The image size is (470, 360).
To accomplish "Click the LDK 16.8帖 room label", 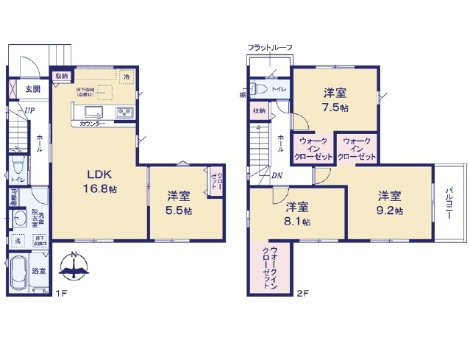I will pos(99,182).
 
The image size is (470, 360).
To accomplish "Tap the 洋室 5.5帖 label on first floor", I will pos(179,203).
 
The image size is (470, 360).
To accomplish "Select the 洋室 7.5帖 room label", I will pos(335,100).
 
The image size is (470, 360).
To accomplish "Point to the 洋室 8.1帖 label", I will pos(296,214).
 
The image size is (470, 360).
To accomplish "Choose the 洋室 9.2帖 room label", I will pos(390,203).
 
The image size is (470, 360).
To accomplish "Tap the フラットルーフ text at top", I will pos(270,48).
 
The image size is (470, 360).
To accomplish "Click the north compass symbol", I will pos(76,268).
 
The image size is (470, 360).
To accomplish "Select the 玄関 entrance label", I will pos(32,89).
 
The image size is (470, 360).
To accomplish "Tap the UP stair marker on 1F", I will pos(29,111).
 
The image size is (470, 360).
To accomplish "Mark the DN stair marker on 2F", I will pos(277,175).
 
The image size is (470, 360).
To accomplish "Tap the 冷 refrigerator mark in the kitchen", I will pos(127,76).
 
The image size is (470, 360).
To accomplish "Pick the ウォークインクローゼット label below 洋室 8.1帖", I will pos(270,269).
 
